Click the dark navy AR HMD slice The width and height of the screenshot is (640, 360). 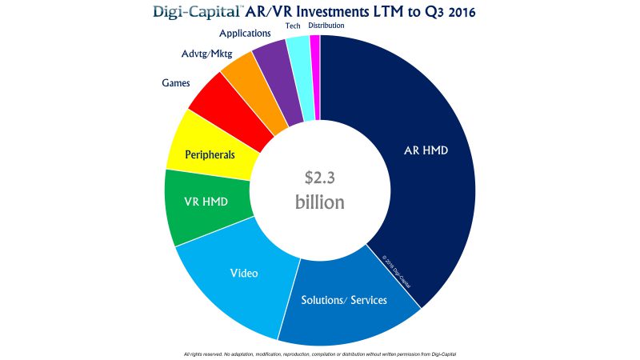[416, 152]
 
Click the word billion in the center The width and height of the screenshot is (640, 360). [320, 202]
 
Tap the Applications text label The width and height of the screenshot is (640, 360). [246, 34]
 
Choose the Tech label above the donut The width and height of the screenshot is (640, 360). [293, 26]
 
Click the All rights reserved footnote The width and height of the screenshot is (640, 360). [320, 353]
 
